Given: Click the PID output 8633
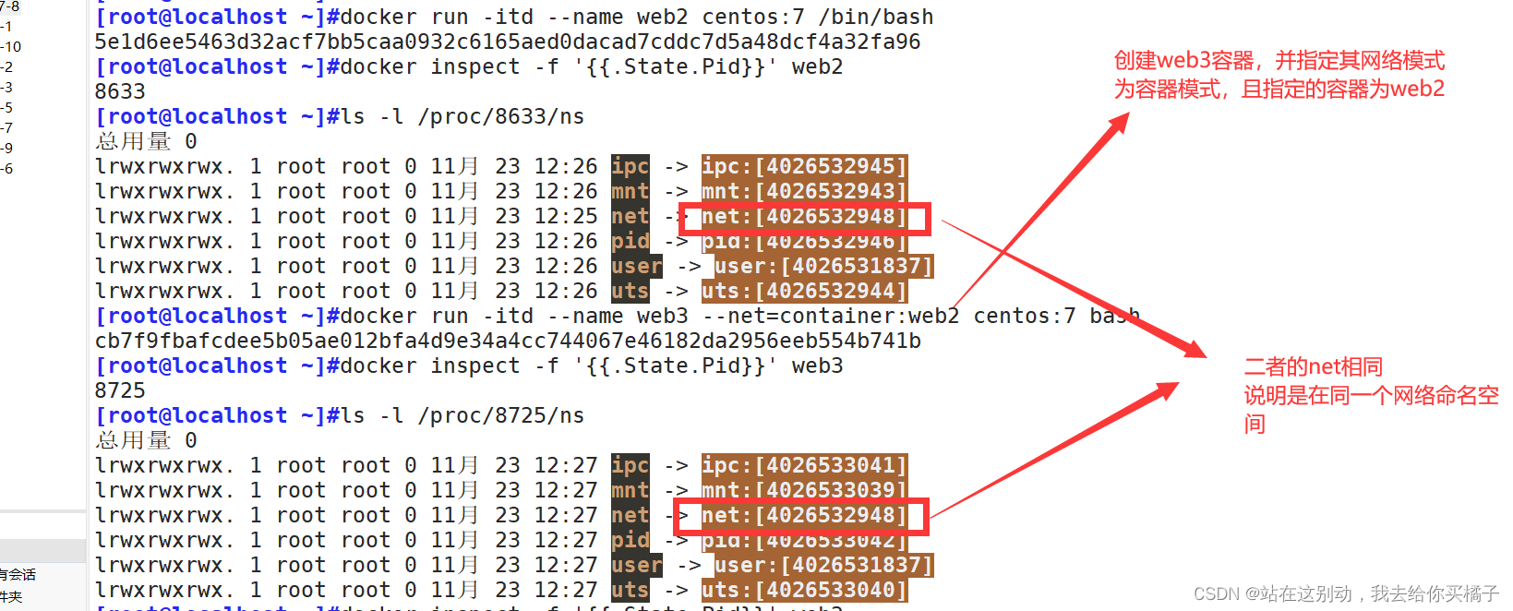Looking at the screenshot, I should tap(120, 92).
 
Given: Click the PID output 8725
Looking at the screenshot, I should tap(120, 391).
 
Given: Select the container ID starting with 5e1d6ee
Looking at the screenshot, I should tap(507, 42).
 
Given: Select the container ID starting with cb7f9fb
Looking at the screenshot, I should tap(507, 341).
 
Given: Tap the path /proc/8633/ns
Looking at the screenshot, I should tap(500, 117).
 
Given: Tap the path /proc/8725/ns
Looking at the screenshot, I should tap(500, 416).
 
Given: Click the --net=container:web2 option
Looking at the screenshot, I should tap(831, 317).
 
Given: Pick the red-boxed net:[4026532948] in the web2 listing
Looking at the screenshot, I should tap(803, 218).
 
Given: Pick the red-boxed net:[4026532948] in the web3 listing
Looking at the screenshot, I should tap(803, 516).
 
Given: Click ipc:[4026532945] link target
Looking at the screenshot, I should tap(803, 167).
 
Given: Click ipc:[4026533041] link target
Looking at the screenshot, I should tap(803, 466).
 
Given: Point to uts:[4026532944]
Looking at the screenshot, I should tap(803, 292).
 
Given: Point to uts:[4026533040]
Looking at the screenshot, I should tap(803, 591).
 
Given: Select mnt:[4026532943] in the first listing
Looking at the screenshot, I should tap(803, 192).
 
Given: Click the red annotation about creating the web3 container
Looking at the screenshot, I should tap(1279, 75).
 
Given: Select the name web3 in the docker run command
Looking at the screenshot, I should tap(662, 317).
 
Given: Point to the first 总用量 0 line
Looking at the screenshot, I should tap(146, 142).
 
